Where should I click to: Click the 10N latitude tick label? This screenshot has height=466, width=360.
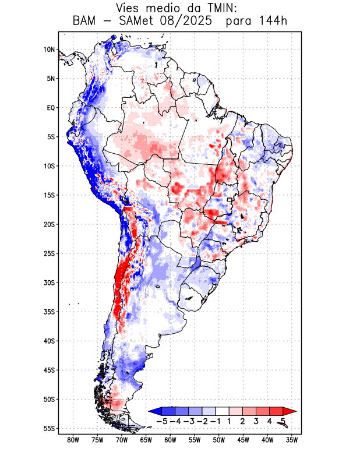[49, 50]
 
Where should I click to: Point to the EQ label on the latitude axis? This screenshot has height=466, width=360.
[50, 108]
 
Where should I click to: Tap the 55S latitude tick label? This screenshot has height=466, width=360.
[49, 429]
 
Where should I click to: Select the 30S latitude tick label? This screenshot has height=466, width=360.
[49, 283]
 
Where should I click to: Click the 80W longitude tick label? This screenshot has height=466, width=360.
[73, 440]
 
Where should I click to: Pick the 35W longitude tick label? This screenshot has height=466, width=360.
[292, 440]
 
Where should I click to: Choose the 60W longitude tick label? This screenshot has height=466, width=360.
[171, 440]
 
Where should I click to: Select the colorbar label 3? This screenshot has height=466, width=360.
[256, 421]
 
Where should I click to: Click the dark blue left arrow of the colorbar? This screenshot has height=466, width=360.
[155, 411]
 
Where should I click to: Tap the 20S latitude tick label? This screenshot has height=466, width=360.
[49, 224]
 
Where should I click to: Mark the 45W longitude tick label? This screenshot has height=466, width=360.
[243, 440]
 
